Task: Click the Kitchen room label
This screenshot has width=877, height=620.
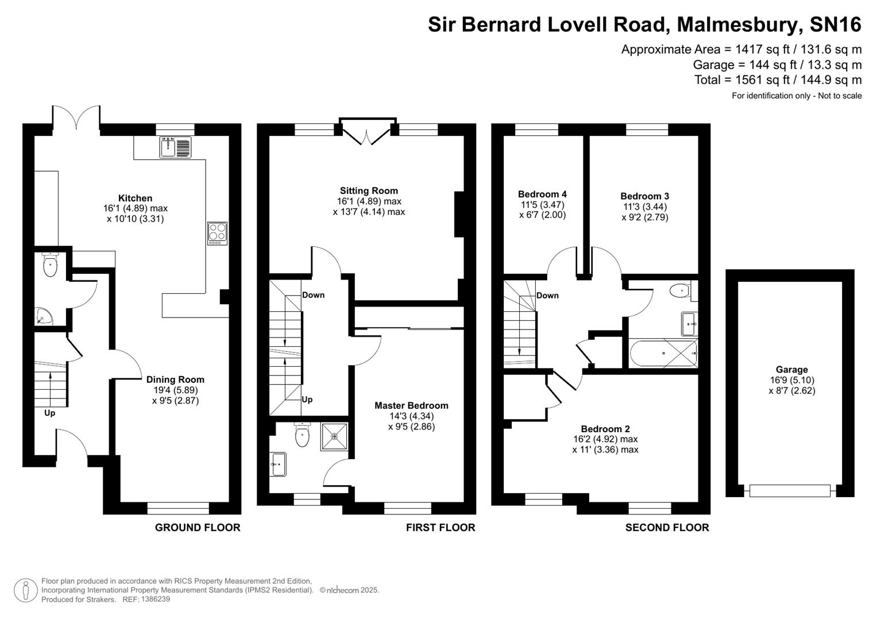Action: pos(136,198)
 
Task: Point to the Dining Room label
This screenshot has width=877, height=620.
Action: pos(175,379)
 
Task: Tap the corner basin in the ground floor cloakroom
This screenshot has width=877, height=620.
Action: pos(43,316)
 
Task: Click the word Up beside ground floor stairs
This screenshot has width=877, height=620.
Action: pos(50,413)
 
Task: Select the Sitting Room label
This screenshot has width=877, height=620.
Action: pos(369,191)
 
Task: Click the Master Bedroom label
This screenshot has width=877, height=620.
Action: pos(411,405)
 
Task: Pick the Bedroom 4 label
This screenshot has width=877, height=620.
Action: pos(542,194)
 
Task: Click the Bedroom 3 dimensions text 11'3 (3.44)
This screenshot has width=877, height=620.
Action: pos(644,207)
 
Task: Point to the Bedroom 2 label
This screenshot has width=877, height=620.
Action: pos(605,429)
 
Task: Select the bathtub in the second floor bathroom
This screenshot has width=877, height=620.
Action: pos(663,353)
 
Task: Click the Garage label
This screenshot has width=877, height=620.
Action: pos(791,370)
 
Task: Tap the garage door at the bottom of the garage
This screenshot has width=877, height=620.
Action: pos(790,491)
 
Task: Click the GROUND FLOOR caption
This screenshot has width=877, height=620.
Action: pos(198,528)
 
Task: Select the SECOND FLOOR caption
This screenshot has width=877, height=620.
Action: pos(667,528)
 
